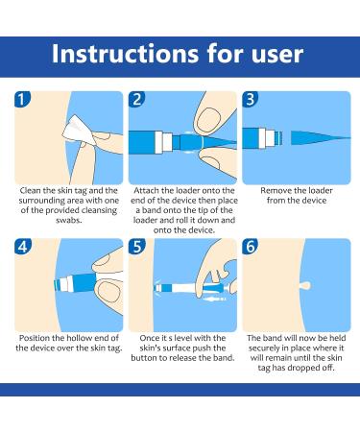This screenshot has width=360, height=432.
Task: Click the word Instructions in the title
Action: coord(125,54)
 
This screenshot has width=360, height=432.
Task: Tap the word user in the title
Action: coord(277,55)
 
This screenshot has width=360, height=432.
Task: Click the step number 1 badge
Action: coord(22,100)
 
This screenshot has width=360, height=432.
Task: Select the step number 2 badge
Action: coord(136,100)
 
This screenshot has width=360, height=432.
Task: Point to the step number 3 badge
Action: coord(251,100)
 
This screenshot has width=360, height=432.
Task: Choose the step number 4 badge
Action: coord(22,247)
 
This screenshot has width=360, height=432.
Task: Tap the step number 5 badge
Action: coord(136,247)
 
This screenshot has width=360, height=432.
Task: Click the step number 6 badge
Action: coord(251,247)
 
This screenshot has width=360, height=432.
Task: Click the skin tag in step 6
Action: coord(305,285)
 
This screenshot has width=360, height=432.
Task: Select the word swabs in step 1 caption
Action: coord(69,220)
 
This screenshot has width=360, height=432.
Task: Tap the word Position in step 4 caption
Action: coord(35,338)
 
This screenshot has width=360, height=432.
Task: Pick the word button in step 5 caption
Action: coord(144,358)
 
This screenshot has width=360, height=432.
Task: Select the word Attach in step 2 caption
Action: coord(146,191)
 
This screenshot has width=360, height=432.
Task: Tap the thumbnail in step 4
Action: coord(108,292)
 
